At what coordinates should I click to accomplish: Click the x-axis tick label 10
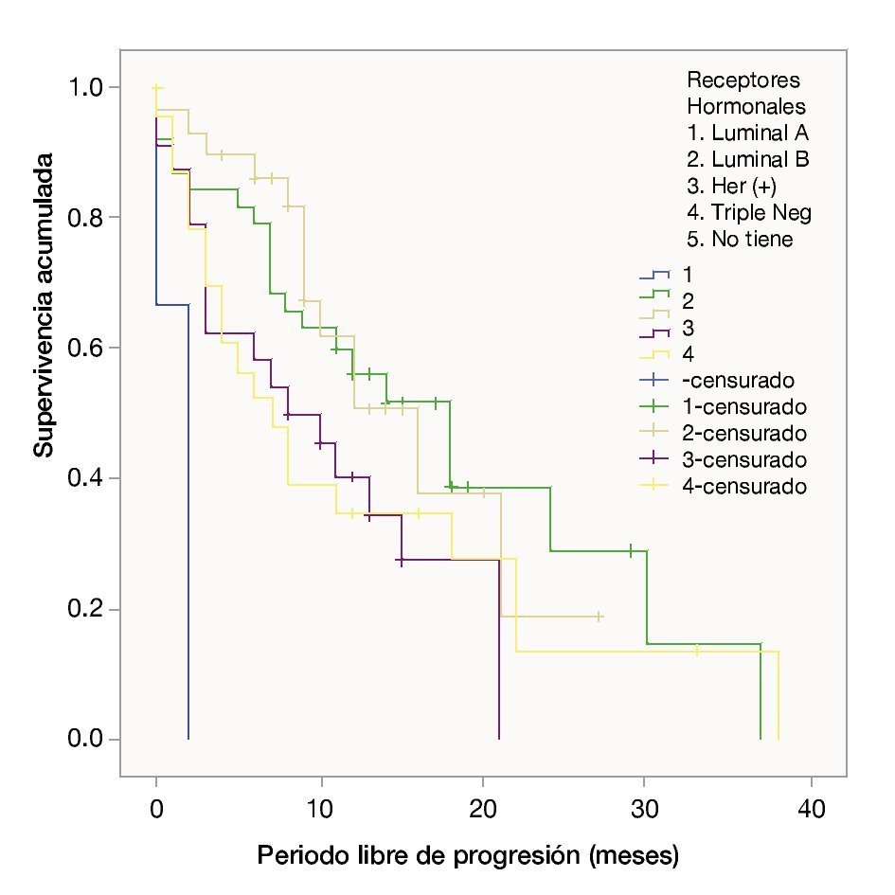pyautogui.click(x=320, y=813)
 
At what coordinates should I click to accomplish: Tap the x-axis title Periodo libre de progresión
pyautogui.click(x=469, y=858)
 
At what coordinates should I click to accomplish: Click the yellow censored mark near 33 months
pyautogui.click(x=697, y=651)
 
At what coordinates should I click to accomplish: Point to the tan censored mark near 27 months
pyautogui.click(x=599, y=617)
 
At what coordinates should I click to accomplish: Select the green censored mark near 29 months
pyautogui.click(x=630, y=550)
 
